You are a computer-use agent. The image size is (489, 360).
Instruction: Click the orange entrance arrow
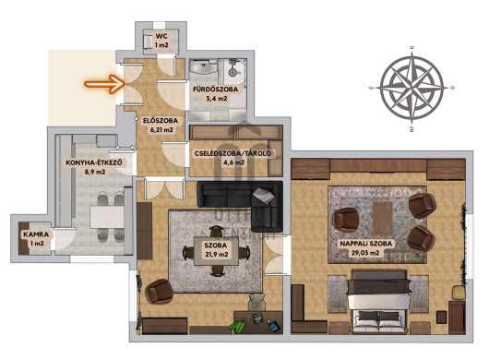pyautogui.click(x=104, y=84)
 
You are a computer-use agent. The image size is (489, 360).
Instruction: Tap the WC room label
pyautogui.click(x=161, y=41)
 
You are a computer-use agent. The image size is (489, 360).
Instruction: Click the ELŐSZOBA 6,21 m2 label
pyautogui.click(x=161, y=126)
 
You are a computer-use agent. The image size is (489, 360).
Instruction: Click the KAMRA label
pyautogui.click(x=36, y=239)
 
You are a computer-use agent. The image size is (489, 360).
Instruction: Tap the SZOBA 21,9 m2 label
pyautogui.click(x=216, y=249)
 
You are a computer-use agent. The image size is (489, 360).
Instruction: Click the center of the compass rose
pyautogui.click(x=412, y=87)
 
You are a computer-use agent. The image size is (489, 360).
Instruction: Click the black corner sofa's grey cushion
pyautogui.click(x=264, y=196)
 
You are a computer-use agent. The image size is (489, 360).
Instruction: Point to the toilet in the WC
pyautogui.click(x=148, y=41)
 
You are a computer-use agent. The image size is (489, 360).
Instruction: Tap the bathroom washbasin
pyautogui.click(x=203, y=66)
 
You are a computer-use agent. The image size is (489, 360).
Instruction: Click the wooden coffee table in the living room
pyautogui.click(x=382, y=218)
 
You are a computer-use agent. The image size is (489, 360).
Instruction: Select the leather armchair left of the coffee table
pyautogui.click(x=346, y=220)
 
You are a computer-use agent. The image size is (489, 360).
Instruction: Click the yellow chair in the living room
pyautogui.click(x=459, y=293)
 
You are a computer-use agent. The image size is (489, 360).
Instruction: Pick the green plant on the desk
pyautogui.click(x=238, y=324)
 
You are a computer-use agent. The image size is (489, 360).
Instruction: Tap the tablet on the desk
pyautogui.click(x=273, y=326)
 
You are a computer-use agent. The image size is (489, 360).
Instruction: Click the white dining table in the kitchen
pyautogui.click(x=107, y=217)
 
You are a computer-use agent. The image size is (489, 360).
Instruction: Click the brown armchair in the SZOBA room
pyautogui.click(x=159, y=292)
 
